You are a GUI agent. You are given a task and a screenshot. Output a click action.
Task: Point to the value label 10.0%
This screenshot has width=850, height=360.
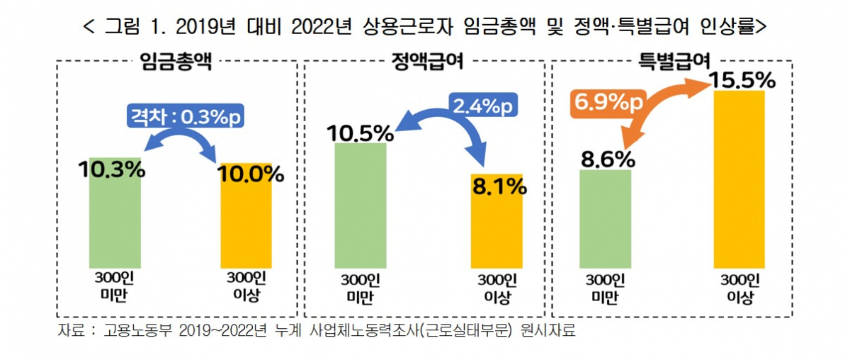[251, 174]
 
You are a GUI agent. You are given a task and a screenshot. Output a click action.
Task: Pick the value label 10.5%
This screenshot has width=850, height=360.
[359, 133]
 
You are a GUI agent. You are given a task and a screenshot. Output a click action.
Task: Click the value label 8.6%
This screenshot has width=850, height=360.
[607, 159]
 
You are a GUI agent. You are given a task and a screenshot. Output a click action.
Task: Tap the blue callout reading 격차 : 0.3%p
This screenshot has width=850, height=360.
[185, 115]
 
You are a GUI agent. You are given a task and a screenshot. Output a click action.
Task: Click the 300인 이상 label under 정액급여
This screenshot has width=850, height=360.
[497, 288]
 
